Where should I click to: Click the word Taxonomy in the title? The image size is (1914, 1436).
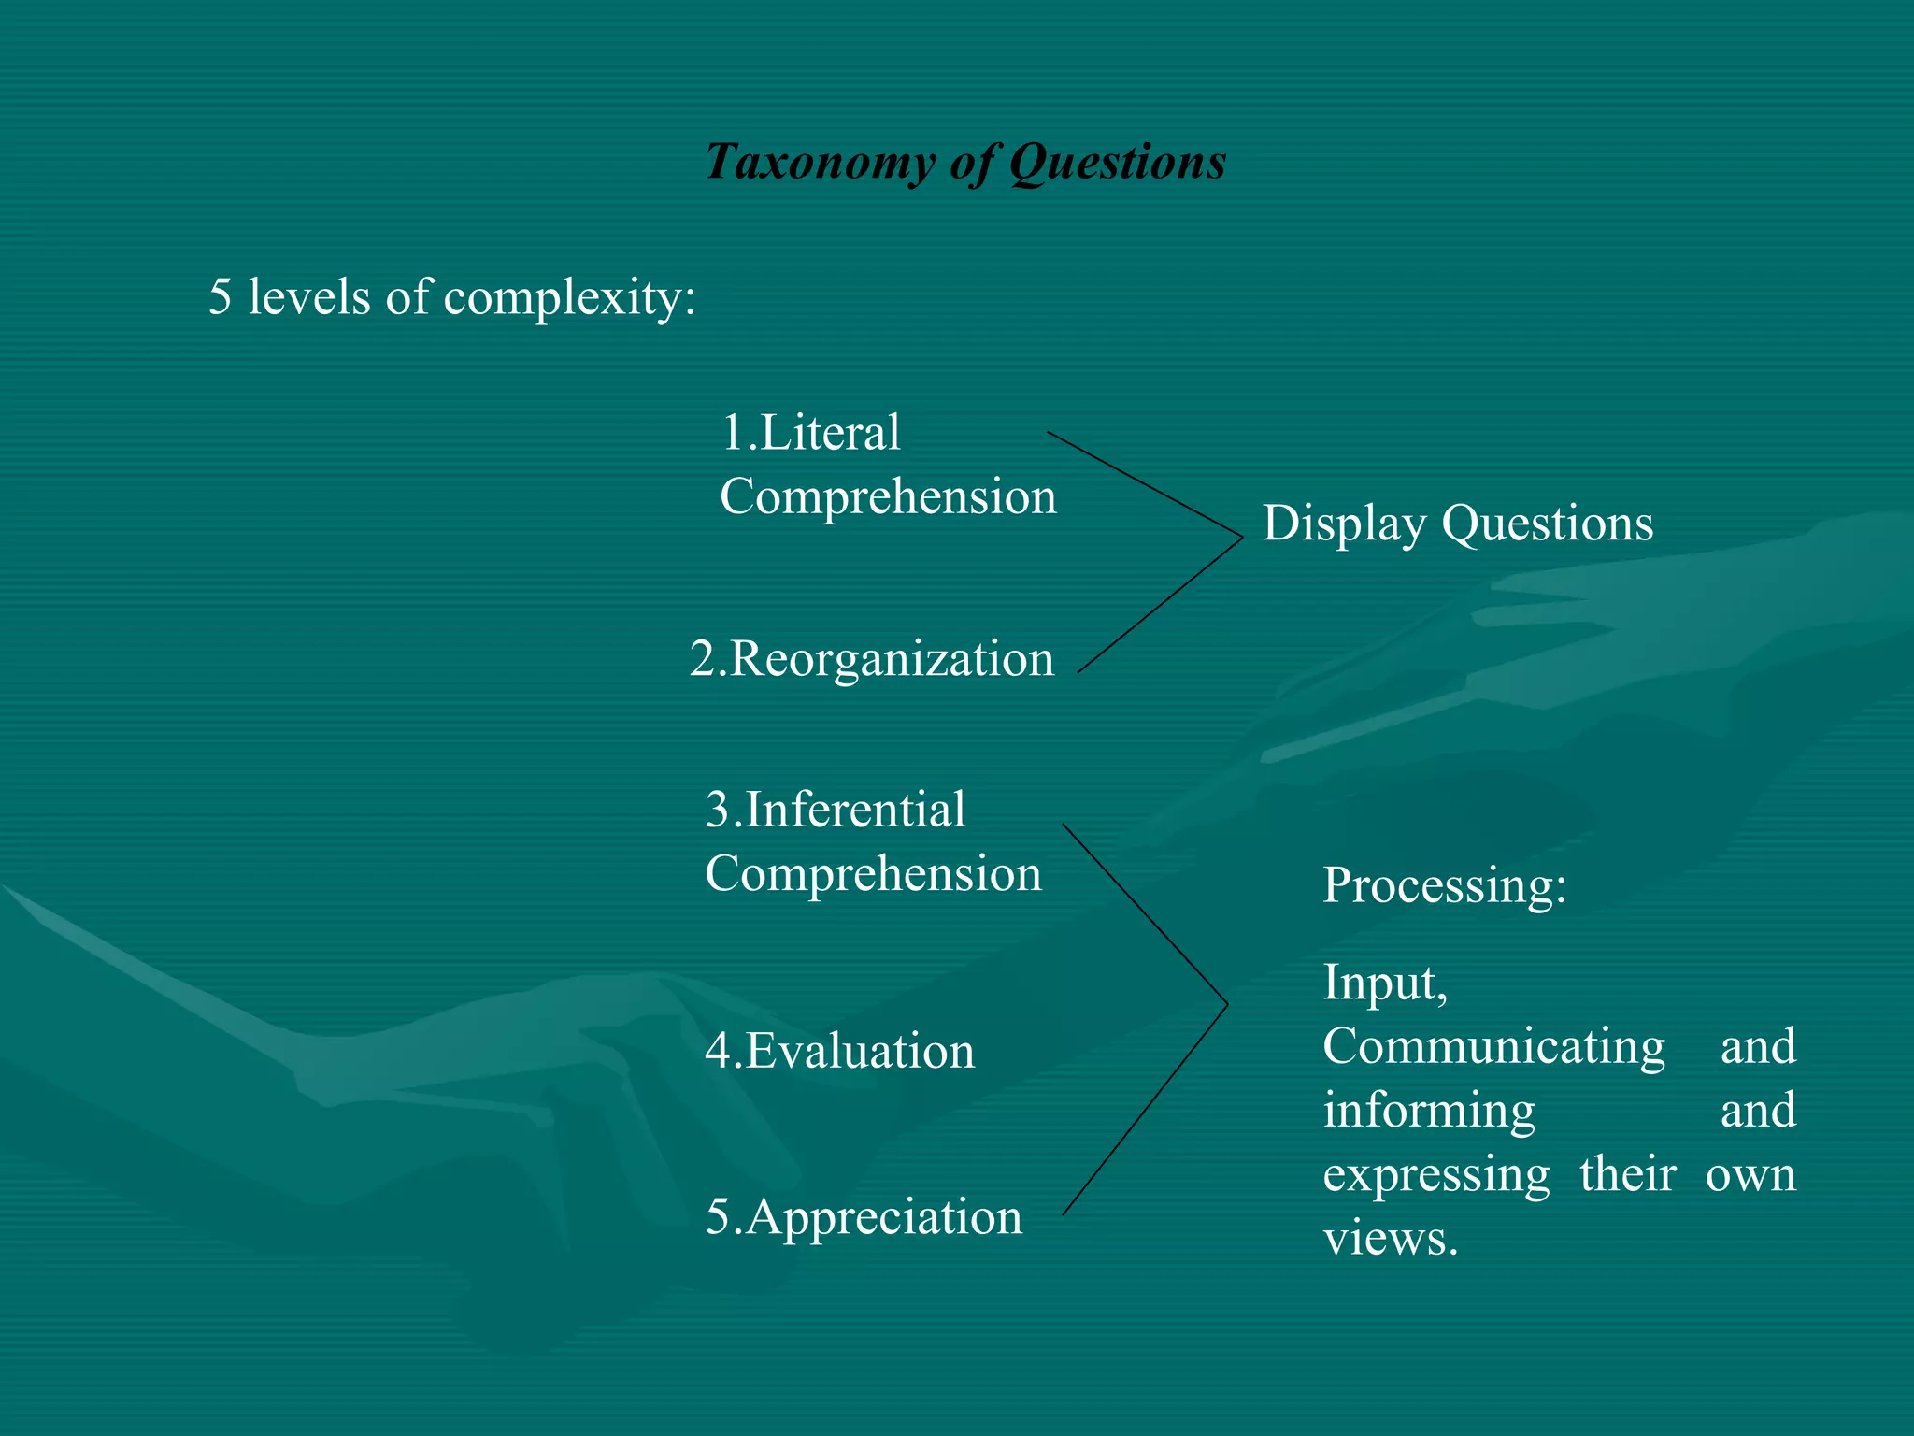click(x=819, y=162)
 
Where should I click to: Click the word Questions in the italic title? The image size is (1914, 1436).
click(x=1117, y=162)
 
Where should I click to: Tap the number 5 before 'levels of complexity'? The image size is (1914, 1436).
click(x=220, y=296)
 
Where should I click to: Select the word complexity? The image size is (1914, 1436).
click(x=570, y=298)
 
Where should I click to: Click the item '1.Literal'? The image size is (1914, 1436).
click(x=811, y=433)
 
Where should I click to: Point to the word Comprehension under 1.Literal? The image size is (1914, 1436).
click(x=888, y=496)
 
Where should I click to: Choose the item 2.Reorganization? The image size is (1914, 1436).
click(x=872, y=659)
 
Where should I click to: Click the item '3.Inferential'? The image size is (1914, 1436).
click(x=836, y=810)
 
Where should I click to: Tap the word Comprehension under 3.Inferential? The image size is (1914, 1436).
click(x=873, y=874)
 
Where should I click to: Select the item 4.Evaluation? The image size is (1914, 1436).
click(x=839, y=1051)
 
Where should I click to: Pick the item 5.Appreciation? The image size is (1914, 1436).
click(x=864, y=1217)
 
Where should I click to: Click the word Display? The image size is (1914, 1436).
click(x=1343, y=524)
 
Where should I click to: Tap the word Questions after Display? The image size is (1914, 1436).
click(x=1548, y=524)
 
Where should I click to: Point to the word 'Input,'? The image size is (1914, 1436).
click(x=1385, y=983)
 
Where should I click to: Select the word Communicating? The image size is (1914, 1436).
click(x=1493, y=1046)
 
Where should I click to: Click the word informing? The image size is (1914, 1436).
click(x=1429, y=1111)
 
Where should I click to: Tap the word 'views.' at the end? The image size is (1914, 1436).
click(x=1391, y=1239)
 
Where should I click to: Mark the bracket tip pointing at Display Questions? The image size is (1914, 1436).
click(x=1241, y=538)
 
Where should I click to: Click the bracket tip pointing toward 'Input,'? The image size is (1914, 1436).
click(x=1226, y=1004)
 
